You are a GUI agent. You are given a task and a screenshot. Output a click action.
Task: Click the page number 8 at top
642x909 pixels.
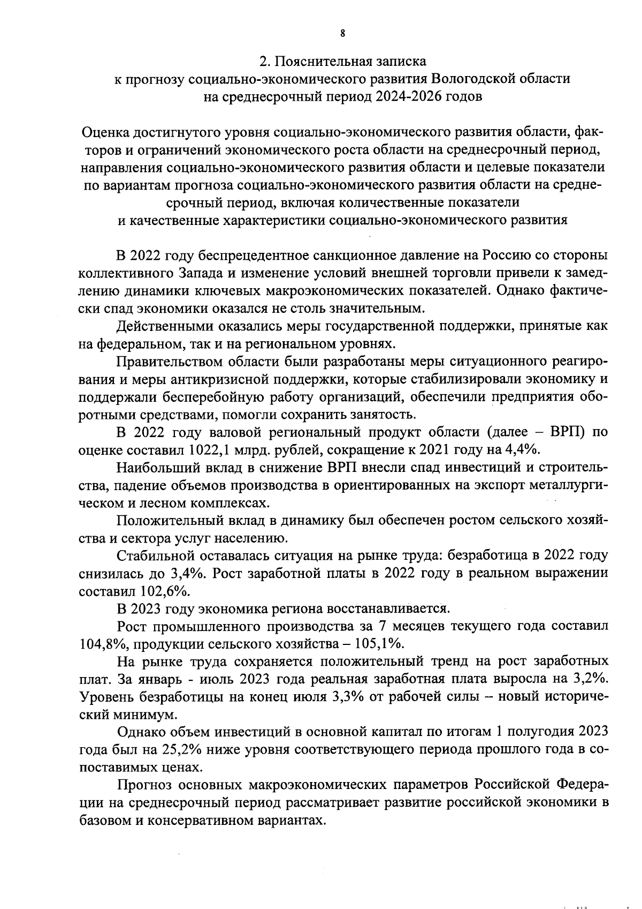(342, 33)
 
